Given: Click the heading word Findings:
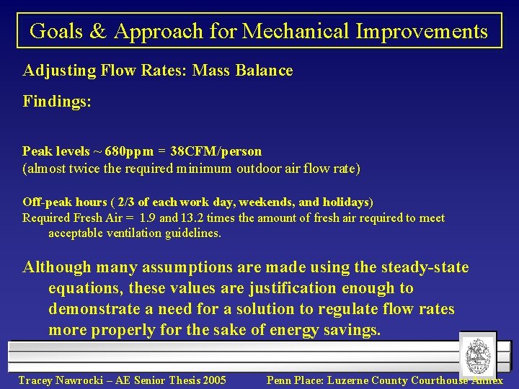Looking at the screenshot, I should pos(57,102).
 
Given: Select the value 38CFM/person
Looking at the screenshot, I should pos(216,152).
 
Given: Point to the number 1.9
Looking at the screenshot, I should pos(148,218).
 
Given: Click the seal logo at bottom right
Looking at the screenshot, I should pos(477,356).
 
